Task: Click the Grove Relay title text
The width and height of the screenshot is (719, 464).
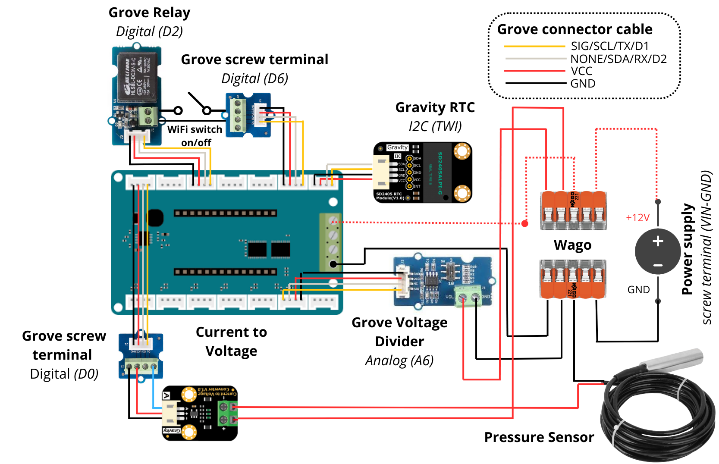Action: (149, 13)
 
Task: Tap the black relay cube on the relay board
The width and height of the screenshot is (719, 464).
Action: (137, 77)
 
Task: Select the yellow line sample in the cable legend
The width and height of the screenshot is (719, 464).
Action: (534, 46)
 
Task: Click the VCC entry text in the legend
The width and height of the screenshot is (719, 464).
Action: (581, 71)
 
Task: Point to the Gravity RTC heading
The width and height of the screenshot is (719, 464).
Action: (435, 107)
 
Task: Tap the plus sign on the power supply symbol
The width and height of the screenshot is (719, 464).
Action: (658, 241)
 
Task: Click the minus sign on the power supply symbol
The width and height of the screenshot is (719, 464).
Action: (658, 265)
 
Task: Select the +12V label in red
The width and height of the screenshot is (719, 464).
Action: (637, 218)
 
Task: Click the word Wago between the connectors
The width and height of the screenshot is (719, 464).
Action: (572, 245)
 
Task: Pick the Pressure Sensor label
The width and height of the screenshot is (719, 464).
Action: (539, 437)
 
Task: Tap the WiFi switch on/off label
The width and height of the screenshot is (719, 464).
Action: (195, 136)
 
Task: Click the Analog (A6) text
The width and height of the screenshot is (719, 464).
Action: (399, 361)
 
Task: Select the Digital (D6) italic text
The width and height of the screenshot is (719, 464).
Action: (254, 78)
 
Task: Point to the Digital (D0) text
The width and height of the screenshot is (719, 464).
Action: (64, 374)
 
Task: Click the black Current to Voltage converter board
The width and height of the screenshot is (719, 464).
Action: (199, 413)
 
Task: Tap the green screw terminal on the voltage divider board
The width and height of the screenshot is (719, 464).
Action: (469, 298)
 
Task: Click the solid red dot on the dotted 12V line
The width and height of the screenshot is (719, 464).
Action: (525, 223)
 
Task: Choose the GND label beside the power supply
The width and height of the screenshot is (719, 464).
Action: (638, 290)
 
